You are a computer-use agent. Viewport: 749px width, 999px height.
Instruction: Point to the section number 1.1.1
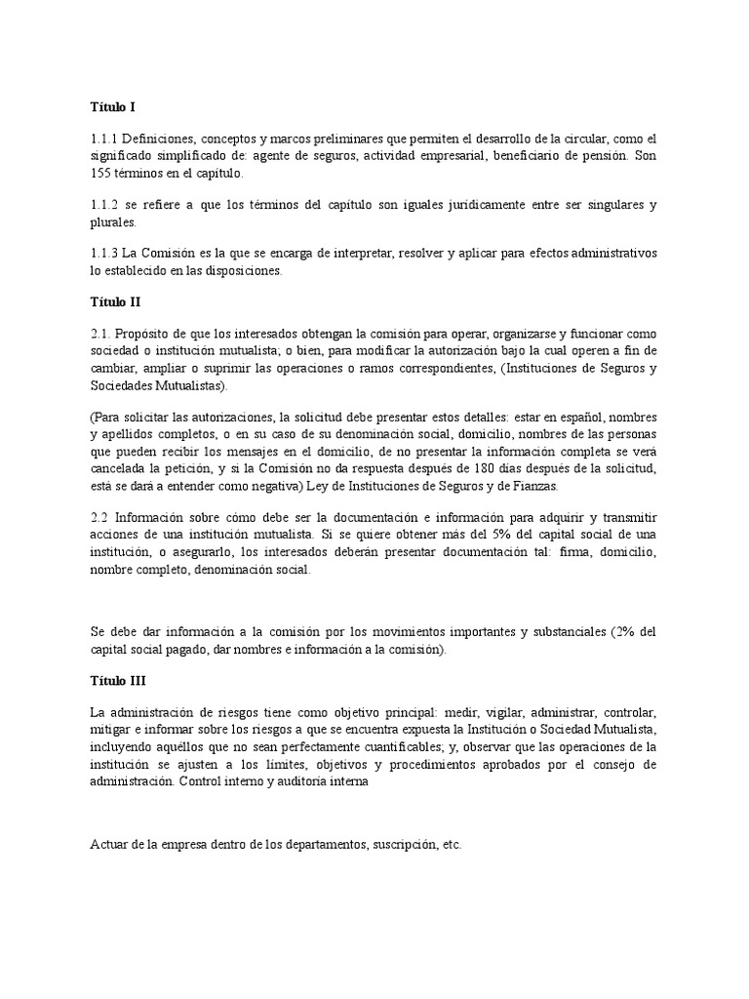[103, 139]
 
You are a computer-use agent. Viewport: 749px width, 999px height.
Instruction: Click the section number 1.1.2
[103, 204]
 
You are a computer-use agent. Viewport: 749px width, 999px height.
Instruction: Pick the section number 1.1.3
[103, 253]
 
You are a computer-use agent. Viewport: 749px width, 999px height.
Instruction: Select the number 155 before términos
[99, 174]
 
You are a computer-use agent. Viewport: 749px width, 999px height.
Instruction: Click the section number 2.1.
[99, 333]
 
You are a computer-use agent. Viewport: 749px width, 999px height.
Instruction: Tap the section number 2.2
[99, 518]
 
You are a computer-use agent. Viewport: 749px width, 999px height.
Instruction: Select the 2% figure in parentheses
[625, 632]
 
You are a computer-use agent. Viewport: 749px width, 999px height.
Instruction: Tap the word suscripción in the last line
[402, 844]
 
